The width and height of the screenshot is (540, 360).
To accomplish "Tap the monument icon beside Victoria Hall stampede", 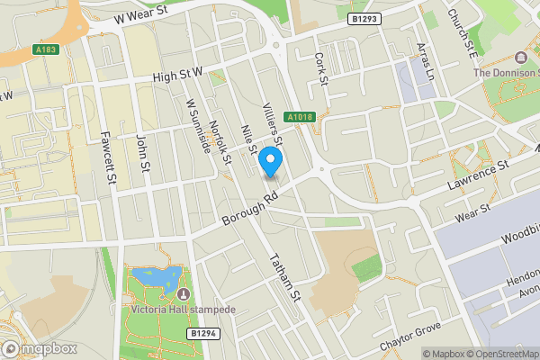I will [x=184, y=294].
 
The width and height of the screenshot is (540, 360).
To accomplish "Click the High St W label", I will [x=179, y=78].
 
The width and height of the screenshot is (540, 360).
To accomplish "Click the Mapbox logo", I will [x=38, y=348].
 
